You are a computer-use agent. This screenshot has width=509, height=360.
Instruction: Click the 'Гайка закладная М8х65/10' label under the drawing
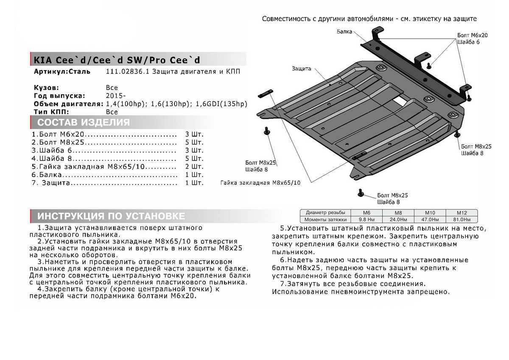coord(260,183)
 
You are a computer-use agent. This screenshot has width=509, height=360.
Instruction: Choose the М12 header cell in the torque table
coord(461,212)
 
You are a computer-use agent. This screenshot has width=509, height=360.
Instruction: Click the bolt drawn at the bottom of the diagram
coord(361,193)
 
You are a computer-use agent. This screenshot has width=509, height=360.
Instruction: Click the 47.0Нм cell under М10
coord(435,219)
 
